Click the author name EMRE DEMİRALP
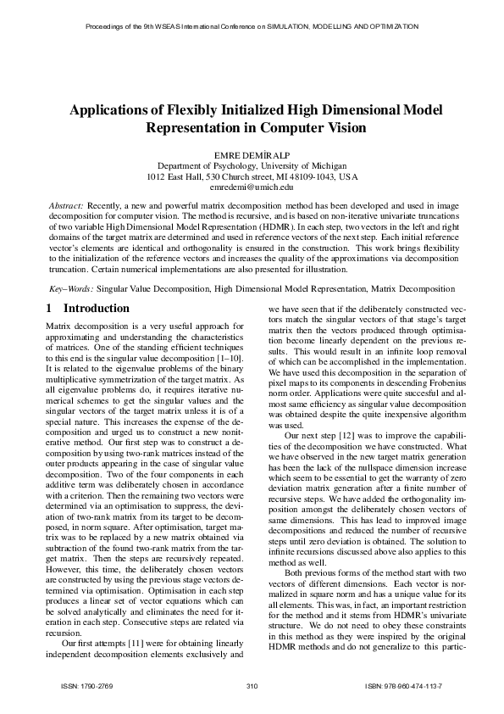pos(252,153)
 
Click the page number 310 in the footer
pos(252,684)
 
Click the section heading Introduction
pos(97,309)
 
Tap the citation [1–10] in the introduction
pos(224,349)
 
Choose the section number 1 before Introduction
pos(48,309)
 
